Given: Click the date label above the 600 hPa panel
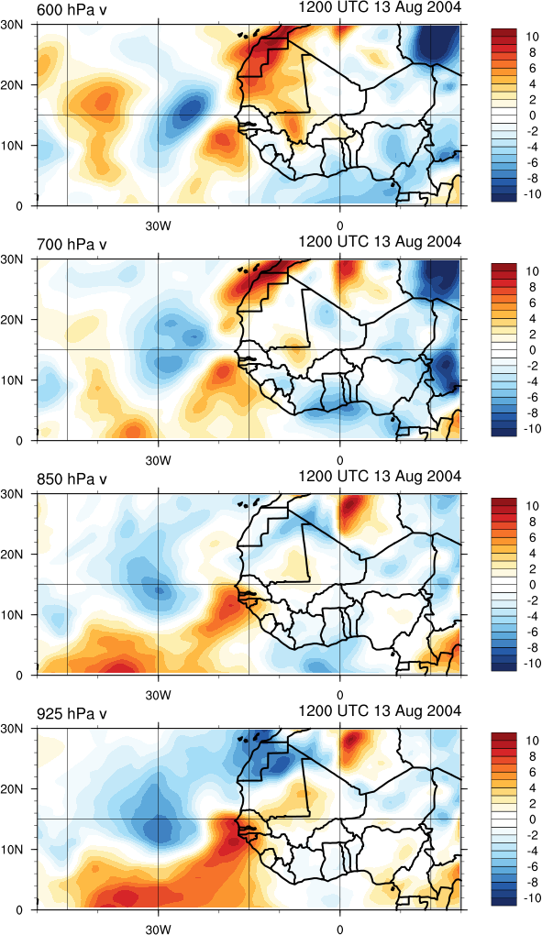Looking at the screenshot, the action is [x=380, y=7].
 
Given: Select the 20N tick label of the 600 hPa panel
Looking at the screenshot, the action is [x=23, y=85].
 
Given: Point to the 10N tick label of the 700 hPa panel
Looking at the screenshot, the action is [x=23, y=379].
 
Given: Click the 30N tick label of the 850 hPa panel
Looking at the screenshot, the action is [x=23, y=494].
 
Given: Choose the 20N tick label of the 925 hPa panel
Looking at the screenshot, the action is [x=23, y=789].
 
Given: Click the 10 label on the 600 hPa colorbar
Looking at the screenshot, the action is [x=532, y=37].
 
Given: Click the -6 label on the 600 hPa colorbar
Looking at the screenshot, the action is [x=532, y=162].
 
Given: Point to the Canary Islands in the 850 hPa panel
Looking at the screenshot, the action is [x=249, y=503].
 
